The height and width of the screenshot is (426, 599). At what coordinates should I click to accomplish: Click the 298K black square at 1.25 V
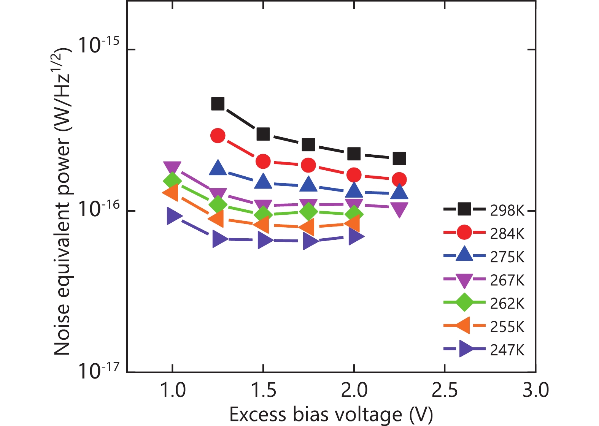point(218,104)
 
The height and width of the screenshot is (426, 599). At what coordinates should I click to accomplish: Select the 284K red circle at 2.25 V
point(399,179)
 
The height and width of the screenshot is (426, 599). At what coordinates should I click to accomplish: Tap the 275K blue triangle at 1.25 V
point(218,168)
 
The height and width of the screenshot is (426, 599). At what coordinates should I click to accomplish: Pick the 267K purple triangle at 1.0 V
point(172,167)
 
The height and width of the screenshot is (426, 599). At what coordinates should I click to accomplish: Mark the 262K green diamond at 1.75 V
point(308,211)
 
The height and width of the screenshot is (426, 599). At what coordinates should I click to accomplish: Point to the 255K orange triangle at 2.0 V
point(353,223)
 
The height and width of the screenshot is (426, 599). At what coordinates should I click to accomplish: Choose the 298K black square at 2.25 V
point(399,158)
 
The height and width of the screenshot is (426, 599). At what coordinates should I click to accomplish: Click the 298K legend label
point(507,210)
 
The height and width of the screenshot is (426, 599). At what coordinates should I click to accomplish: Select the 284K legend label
point(507,234)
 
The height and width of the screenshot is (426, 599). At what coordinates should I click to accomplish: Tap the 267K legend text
point(507,280)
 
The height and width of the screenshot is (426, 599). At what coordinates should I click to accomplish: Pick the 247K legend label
point(507,350)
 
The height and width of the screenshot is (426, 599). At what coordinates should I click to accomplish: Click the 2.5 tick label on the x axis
point(445,390)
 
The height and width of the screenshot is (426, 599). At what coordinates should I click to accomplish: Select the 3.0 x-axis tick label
point(535,390)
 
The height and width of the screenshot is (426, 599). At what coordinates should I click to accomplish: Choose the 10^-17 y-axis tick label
point(98,371)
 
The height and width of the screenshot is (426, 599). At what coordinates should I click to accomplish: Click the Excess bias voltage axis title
point(331,415)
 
